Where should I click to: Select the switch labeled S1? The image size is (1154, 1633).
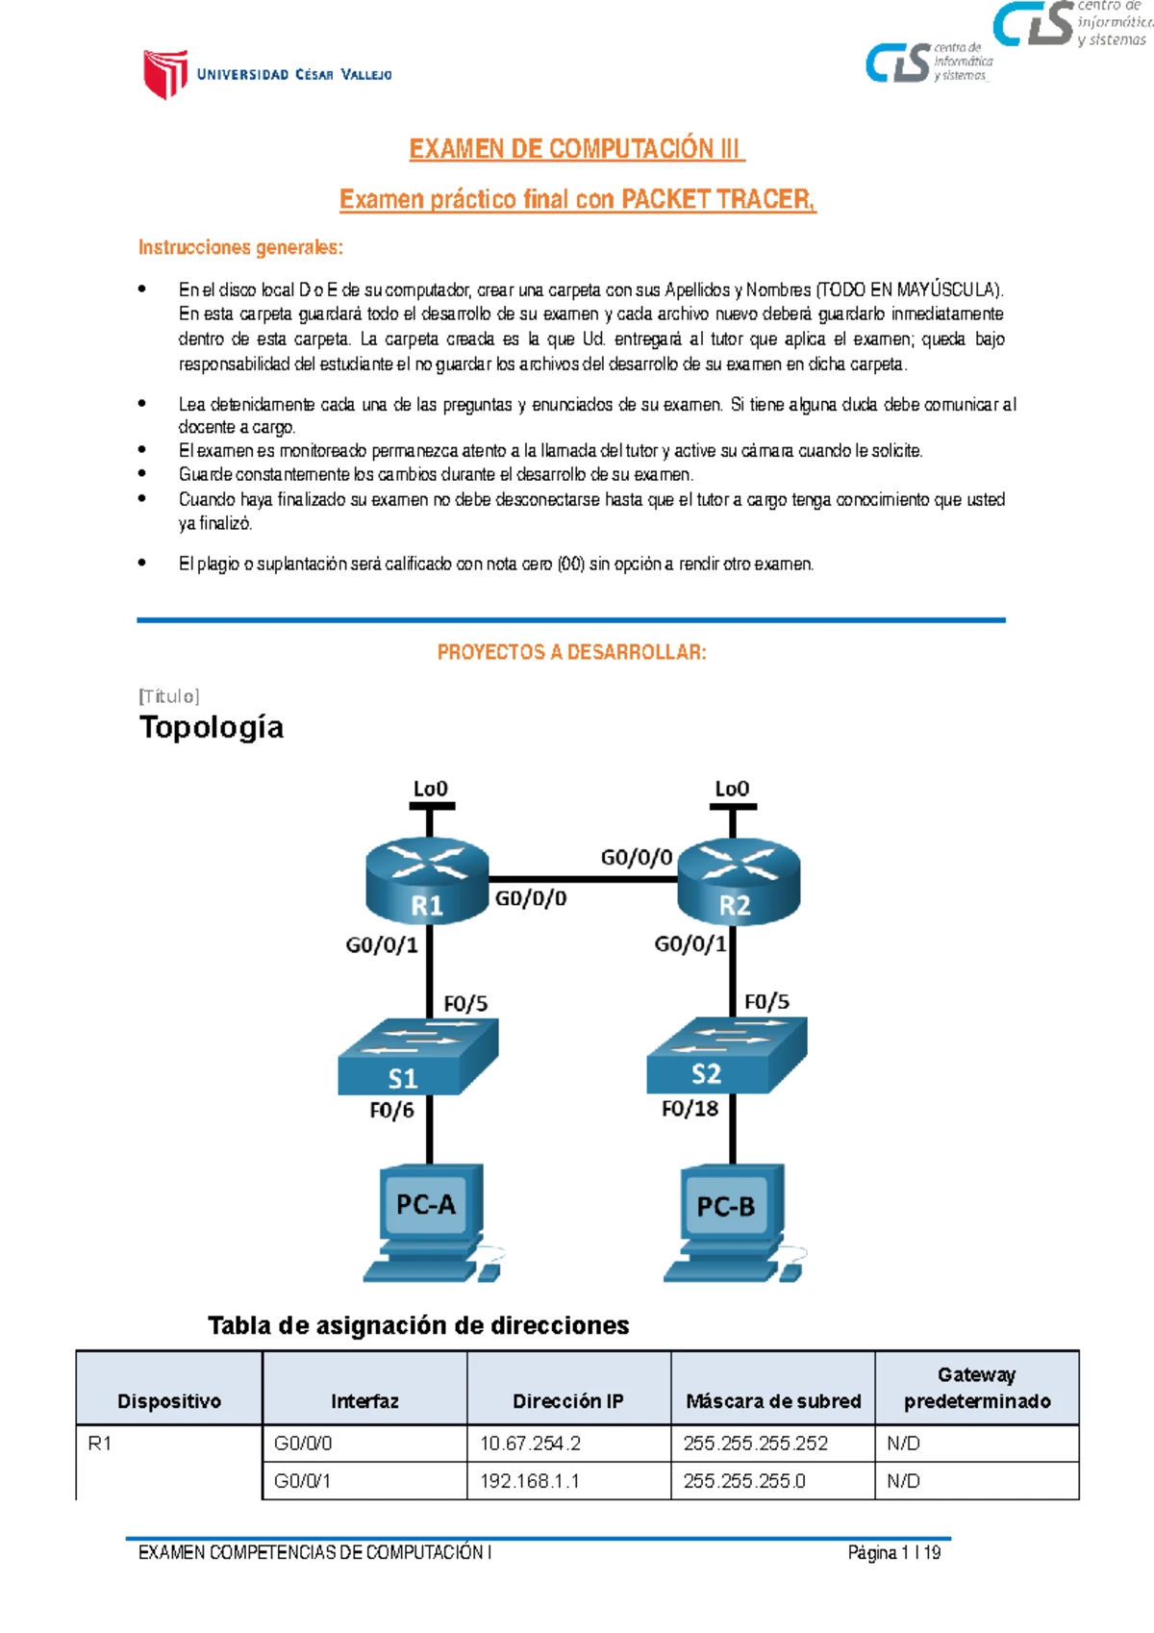[x=417, y=1057]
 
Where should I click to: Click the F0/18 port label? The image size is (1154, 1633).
[x=690, y=1109]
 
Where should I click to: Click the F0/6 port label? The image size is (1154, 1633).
[x=391, y=1111]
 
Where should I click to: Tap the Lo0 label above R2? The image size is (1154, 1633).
[x=732, y=789]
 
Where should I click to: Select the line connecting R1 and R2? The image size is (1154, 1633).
[x=583, y=879]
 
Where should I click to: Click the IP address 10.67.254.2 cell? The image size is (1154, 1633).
[x=568, y=1444]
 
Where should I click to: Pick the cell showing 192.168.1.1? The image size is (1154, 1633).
[x=568, y=1481]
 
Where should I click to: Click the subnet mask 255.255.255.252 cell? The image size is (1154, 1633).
[x=772, y=1444]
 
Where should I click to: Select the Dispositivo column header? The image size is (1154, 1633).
[x=169, y=1401]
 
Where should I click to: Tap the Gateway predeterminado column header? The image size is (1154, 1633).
[x=977, y=1388]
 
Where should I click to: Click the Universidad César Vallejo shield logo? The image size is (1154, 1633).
[x=164, y=74]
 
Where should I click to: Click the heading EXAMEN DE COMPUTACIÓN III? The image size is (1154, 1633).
[x=575, y=149]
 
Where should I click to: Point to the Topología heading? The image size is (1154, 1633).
[x=212, y=727]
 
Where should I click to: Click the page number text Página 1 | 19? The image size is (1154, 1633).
[x=893, y=1553]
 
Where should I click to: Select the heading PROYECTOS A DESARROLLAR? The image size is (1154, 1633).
[x=571, y=652]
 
